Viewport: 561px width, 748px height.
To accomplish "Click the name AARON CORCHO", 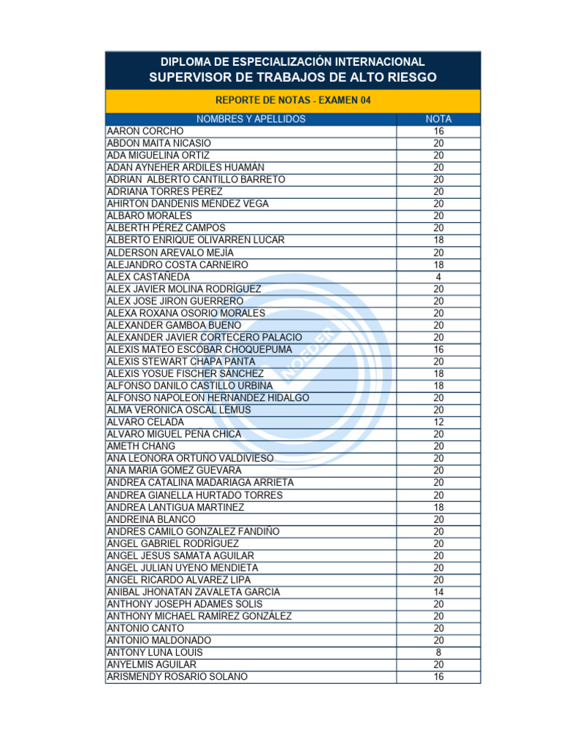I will [x=145, y=131].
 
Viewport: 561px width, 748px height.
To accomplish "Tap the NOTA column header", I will [x=438, y=119].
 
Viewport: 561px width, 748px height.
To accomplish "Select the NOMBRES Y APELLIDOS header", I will [x=251, y=119].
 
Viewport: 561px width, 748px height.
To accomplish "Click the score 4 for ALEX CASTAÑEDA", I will [x=438, y=277].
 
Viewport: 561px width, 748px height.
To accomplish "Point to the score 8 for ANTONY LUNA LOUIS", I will [x=438, y=652].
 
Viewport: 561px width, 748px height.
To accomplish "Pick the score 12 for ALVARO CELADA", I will [x=438, y=422].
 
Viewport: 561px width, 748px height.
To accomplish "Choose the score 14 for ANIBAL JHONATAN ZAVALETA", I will [x=438, y=592].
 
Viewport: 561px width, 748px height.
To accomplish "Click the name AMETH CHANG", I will [x=141, y=446].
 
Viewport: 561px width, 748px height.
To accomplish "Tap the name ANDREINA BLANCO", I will [x=151, y=519].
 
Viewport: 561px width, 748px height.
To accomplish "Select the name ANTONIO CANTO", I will [x=145, y=628].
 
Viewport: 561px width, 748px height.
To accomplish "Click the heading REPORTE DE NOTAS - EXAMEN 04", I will [x=292, y=101].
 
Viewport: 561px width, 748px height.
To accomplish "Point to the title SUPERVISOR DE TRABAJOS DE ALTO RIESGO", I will [x=292, y=77].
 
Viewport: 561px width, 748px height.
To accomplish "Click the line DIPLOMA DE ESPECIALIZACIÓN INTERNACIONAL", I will [x=292, y=62].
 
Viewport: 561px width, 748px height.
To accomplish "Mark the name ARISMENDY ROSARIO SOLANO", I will [x=177, y=676].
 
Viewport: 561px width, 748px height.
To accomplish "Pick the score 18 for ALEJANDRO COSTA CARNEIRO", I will [x=438, y=264].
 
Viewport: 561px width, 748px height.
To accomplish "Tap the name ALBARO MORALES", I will [x=149, y=216].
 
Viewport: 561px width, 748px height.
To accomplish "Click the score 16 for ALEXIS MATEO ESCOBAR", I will [x=438, y=349].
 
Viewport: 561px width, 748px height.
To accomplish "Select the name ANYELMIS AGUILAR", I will [x=151, y=665].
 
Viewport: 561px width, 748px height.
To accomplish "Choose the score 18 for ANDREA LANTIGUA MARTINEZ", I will [x=438, y=507].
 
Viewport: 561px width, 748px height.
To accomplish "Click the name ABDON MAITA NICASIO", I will [x=159, y=143].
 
